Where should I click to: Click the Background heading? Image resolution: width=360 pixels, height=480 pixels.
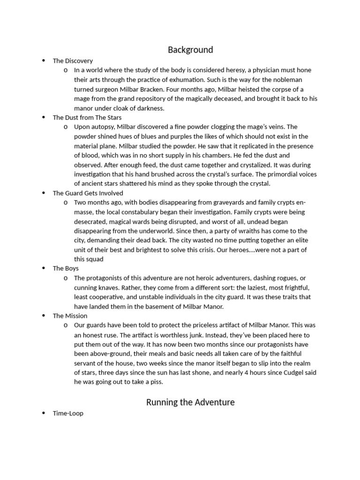[x=190, y=50]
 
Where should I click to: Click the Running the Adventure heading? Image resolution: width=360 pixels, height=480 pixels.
[x=190, y=402]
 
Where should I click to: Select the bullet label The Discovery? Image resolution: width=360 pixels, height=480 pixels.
[x=73, y=60]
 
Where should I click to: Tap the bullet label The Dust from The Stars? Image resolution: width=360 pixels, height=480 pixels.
[x=87, y=117]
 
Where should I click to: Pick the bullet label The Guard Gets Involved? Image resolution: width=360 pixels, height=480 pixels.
[x=88, y=193]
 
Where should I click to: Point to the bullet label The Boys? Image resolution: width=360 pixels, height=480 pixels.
[x=66, y=268]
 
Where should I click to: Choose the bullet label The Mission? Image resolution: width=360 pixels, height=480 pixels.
[x=70, y=315]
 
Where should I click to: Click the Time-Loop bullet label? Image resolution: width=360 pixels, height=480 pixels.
[x=68, y=413]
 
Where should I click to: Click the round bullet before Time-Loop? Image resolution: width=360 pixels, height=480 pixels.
[x=43, y=413]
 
